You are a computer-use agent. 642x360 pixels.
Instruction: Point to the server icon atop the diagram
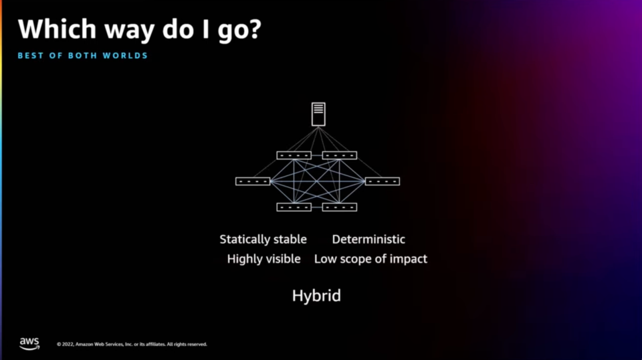tap(318, 114)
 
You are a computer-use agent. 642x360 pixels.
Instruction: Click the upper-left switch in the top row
tap(294, 155)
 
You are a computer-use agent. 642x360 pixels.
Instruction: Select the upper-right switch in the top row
tap(340, 155)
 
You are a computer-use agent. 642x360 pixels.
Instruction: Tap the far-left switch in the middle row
tap(253, 181)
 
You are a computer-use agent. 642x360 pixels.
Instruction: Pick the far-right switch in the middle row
tap(383, 181)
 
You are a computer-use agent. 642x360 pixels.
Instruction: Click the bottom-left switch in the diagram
tap(294, 207)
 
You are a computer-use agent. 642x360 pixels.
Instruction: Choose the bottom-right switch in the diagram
tap(340, 207)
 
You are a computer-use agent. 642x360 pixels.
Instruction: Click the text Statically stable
tap(263, 240)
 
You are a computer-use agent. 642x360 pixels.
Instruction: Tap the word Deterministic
tap(368, 240)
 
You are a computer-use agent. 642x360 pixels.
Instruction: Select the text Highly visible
tap(263, 259)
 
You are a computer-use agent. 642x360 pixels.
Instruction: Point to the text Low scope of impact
tap(370, 259)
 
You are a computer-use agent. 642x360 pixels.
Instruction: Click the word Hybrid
tap(316, 296)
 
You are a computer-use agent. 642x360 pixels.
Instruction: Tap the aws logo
tap(29, 343)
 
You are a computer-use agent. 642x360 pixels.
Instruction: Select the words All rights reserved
tap(187, 345)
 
